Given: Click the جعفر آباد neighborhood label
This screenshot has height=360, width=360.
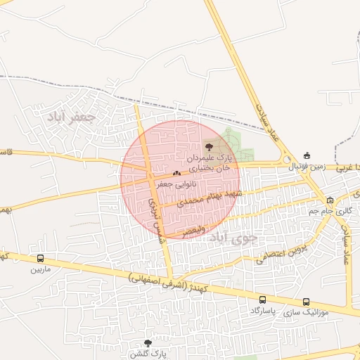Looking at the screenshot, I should [70, 117].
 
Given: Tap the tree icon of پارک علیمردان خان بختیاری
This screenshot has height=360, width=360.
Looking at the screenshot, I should [209, 146].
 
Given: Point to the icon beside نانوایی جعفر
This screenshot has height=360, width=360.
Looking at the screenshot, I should [176, 173].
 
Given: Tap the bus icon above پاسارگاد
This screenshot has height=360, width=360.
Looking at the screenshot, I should [262, 300].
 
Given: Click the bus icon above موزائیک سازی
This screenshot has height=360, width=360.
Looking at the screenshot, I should [305, 300].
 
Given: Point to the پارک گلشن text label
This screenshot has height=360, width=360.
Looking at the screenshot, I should [147, 353].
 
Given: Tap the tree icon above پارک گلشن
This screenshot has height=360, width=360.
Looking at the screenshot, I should [147, 343].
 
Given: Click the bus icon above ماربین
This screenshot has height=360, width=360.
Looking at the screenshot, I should [40, 259].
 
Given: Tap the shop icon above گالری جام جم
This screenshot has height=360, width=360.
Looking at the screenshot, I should [330, 200].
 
